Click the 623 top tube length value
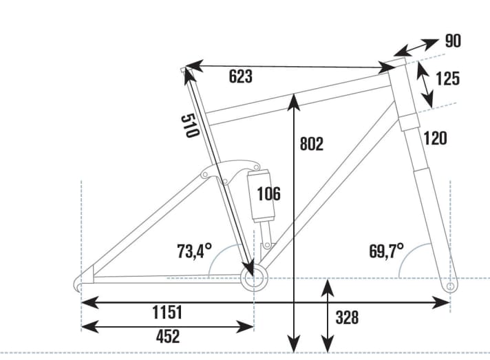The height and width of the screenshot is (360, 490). [x=240, y=76]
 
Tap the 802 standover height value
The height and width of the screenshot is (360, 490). [x=312, y=144]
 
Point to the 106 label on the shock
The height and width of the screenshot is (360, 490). [x=268, y=194]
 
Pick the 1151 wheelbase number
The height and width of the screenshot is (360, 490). [x=167, y=313]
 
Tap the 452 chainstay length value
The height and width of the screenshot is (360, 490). [x=167, y=337]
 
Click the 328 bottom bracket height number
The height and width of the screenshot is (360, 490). [x=347, y=318]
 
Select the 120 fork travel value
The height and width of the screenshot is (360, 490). [x=435, y=139]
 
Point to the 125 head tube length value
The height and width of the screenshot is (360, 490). [x=447, y=78]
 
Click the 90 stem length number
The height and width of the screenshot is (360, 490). [x=452, y=41]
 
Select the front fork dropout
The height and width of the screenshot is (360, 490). [x=450, y=284]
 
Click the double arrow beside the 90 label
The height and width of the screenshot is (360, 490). [x=418, y=47]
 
